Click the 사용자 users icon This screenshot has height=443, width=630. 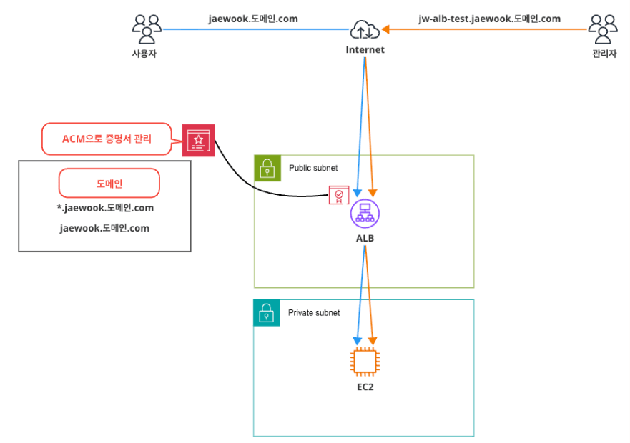[x=147, y=29]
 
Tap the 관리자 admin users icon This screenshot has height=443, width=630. [x=603, y=29]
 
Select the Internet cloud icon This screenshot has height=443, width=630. [x=365, y=30]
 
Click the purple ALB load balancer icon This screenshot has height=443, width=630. [x=365, y=213]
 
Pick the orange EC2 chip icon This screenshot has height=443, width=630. [x=365, y=362]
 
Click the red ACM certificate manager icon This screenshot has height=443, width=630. [x=199, y=141]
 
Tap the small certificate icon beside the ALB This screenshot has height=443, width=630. [x=339, y=195]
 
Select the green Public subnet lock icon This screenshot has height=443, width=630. [x=267, y=169]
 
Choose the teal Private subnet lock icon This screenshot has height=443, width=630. [x=267, y=313]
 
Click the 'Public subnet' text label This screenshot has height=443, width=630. [x=313, y=168]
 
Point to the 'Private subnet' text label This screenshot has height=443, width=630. [x=314, y=312]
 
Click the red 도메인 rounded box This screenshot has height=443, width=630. [x=109, y=183]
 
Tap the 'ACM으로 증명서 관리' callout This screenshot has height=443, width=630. [x=107, y=139]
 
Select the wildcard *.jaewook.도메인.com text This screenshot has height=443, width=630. [x=105, y=208]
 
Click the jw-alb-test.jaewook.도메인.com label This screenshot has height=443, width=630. [x=489, y=19]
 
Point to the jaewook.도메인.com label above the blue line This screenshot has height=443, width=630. [x=253, y=19]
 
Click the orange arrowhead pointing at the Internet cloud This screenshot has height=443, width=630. [x=385, y=29]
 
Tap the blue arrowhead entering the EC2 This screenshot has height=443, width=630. [x=357, y=341]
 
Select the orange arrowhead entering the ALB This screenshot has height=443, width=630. [x=373, y=193]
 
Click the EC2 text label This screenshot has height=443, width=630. [x=365, y=387]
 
